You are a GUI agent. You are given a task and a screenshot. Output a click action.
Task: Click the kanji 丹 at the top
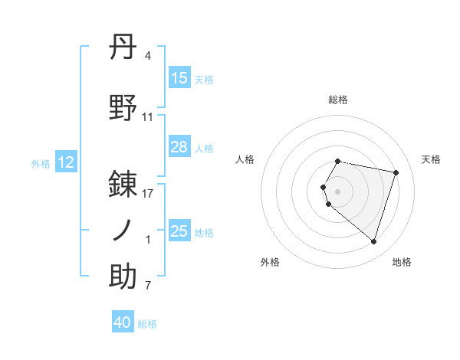(123, 48)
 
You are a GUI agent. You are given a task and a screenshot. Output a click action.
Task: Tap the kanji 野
(123, 108)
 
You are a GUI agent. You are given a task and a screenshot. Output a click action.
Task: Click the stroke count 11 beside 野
(148, 117)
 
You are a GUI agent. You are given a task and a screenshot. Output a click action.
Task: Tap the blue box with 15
(179, 78)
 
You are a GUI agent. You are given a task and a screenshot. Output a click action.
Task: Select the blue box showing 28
(179, 147)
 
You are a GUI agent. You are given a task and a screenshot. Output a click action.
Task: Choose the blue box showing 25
(179, 231)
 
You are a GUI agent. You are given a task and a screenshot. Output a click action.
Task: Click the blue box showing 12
(66, 162)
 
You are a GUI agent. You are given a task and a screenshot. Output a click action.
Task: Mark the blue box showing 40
(123, 322)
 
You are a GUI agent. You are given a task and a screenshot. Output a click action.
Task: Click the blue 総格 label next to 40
(147, 324)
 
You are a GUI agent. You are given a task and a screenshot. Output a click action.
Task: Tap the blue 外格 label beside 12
(41, 163)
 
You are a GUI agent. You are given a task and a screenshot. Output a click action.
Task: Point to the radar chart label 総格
(338, 100)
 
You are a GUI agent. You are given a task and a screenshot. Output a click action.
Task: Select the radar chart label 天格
(431, 159)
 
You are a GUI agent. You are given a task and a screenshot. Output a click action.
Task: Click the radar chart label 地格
(402, 262)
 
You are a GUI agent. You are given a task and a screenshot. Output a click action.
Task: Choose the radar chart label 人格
(245, 159)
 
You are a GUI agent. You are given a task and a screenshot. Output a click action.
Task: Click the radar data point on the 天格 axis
(396, 172)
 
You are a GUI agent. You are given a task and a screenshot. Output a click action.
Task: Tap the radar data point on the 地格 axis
(373, 242)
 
